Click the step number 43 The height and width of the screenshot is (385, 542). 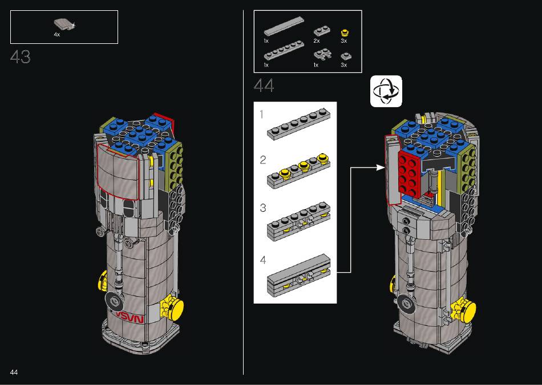pyautogui.click(x=21, y=57)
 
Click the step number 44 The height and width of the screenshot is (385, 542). pyautogui.click(x=264, y=85)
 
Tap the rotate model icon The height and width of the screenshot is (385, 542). pyautogui.click(x=386, y=91)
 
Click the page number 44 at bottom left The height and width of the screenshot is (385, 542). pyautogui.click(x=14, y=372)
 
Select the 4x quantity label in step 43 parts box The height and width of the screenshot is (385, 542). pyautogui.click(x=56, y=35)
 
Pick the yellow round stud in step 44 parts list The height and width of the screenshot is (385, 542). pyautogui.click(x=345, y=33)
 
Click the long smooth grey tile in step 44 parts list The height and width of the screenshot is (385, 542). pyautogui.click(x=284, y=27)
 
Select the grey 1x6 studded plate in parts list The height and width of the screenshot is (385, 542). pyautogui.click(x=284, y=51)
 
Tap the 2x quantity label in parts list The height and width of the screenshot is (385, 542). pyautogui.click(x=317, y=40)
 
